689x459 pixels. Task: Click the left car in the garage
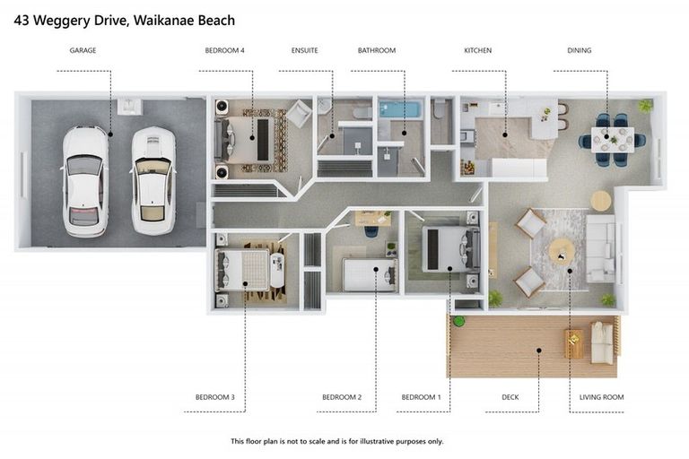(85, 180)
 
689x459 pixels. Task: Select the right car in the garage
(153, 180)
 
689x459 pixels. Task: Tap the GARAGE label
(83, 50)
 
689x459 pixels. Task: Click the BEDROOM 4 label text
(224, 50)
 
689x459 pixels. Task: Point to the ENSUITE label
(305, 50)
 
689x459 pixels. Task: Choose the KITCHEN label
(477, 50)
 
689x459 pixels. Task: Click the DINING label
(580, 50)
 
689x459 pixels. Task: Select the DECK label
(509, 396)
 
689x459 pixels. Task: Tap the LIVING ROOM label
(602, 396)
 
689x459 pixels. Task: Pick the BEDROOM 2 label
(342, 396)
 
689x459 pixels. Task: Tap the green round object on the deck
(459, 321)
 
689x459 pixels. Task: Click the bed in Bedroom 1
(445, 248)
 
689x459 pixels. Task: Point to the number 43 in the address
(23, 16)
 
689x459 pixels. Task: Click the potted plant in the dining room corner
(645, 106)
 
